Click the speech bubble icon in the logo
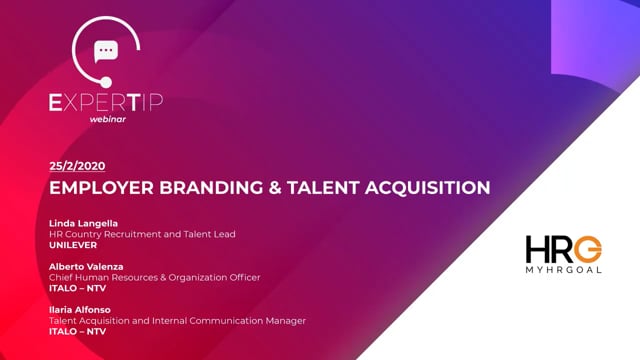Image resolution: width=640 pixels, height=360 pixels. tap(105, 52)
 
